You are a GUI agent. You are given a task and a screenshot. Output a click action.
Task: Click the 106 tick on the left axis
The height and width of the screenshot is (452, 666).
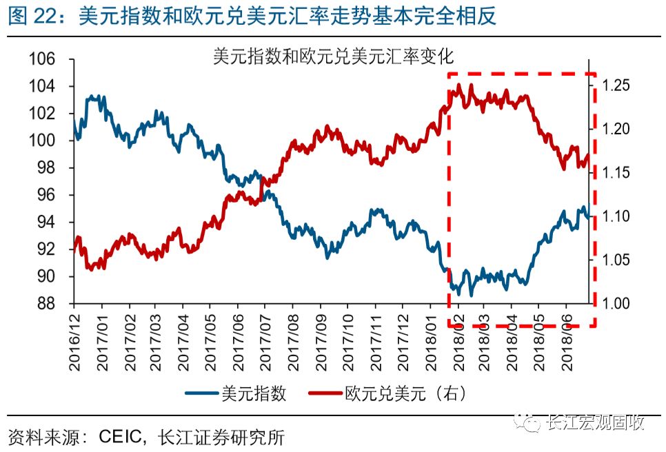pyautogui.click(x=41, y=59)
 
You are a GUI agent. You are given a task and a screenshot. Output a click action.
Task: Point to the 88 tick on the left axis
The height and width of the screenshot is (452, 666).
pyautogui.click(x=46, y=304)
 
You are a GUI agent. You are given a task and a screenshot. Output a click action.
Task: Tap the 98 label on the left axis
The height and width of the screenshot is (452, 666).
pyautogui.click(x=46, y=167)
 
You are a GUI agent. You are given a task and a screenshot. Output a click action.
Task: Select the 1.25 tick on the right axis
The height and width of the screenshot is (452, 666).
pyautogui.click(x=616, y=85)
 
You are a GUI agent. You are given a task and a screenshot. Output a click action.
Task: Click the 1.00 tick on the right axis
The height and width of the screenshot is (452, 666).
pyautogui.click(x=616, y=303)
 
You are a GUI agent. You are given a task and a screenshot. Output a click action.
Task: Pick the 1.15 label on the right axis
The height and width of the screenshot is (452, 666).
pyautogui.click(x=616, y=173)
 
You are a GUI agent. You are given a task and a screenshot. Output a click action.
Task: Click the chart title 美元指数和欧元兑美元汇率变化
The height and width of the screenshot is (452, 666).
pyautogui.click(x=334, y=56)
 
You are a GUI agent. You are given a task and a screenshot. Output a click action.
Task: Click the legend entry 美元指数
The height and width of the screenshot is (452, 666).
pyautogui.click(x=254, y=393)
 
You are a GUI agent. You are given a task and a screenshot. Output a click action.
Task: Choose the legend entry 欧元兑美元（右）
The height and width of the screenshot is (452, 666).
pyautogui.click(x=405, y=393)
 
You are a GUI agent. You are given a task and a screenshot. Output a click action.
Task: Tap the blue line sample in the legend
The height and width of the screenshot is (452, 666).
pyautogui.click(x=202, y=393)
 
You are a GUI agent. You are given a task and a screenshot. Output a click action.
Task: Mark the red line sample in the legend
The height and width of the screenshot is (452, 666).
pyautogui.click(x=325, y=393)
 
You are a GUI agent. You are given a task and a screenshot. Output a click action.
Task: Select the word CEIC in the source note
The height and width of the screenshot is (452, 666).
pyautogui.click(x=120, y=437)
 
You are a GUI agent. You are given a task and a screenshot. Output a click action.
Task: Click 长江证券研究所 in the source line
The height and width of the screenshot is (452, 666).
pyautogui.click(x=221, y=437)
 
